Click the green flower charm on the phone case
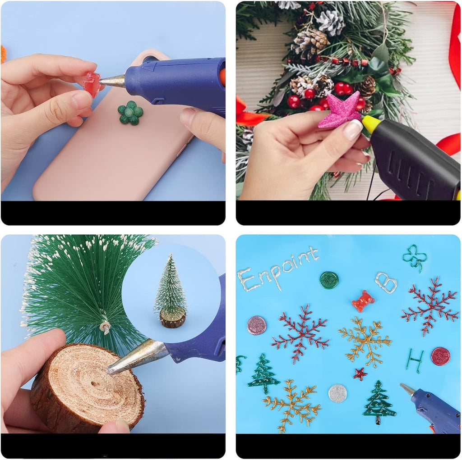coord(130,113)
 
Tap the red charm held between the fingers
coord(92,84)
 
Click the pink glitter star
coord(341,110)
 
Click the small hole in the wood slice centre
coord(95,384)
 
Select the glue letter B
coord(386,282)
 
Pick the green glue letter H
coord(415,360)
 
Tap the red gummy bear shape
coord(363,301)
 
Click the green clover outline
coord(415,257)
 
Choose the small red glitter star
coord(360,374)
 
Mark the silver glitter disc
coord(337,393)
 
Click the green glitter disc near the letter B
coord(329,280)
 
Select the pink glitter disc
coord(257,325)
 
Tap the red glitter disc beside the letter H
coord(440,356)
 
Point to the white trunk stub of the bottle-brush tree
coord(105,327)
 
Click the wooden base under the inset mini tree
coord(173,318)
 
